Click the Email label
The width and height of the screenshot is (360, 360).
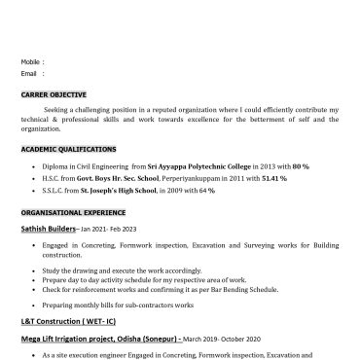(x=28, y=73)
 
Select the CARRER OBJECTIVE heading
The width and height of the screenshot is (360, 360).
(x=54, y=94)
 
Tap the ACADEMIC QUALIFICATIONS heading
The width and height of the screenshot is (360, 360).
(x=68, y=150)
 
